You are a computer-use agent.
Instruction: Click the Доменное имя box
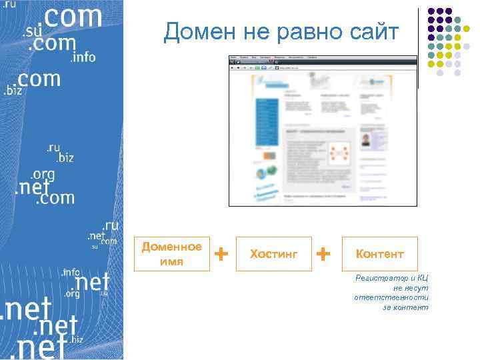click(171, 254)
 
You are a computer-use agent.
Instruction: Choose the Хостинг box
click(273, 254)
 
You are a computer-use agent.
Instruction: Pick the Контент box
click(379, 254)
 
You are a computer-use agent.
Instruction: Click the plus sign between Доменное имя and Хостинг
click(222, 253)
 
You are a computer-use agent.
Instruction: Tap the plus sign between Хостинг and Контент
click(323, 253)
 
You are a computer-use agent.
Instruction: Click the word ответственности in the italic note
click(391, 297)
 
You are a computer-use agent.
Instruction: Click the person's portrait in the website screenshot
click(366, 141)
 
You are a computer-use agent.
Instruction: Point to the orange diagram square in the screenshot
click(341, 154)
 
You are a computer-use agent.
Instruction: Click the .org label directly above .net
click(42, 174)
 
